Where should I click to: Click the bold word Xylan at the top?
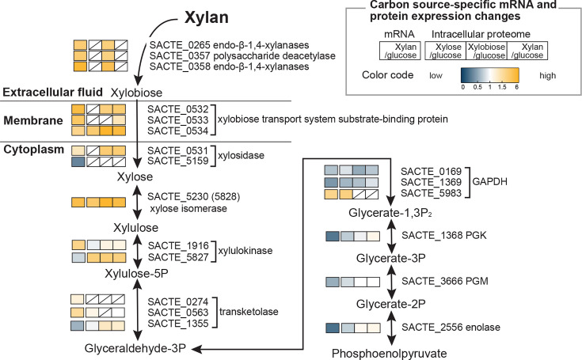[x=207, y=17]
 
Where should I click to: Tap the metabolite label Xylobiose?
[x=136, y=93]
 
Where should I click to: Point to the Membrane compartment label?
[x=33, y=120]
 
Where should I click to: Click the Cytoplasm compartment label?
[x=34, y=150]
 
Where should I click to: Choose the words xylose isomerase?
[x=188, y=208]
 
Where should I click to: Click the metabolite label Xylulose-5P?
[x=136, y=274]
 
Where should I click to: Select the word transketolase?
[x=249, y=312]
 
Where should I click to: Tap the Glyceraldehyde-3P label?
[x=135, y=348]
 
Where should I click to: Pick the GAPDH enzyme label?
[x=489, y=182]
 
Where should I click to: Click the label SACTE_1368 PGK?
[x=444, y=236]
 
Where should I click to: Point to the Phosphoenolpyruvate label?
[x=389, y=354]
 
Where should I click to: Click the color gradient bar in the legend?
[x=489, y=75]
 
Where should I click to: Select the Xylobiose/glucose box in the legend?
[x=486, y=51]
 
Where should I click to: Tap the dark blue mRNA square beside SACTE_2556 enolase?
[x=333, y=328]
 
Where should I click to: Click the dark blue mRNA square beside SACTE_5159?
[x=78, y=161]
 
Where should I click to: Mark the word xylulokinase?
[x=245, y=251]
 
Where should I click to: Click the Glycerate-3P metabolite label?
[x=390, y=259]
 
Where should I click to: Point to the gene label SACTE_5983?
[x=431, y=193]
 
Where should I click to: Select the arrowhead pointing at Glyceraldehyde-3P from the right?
[x=196, y=349]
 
